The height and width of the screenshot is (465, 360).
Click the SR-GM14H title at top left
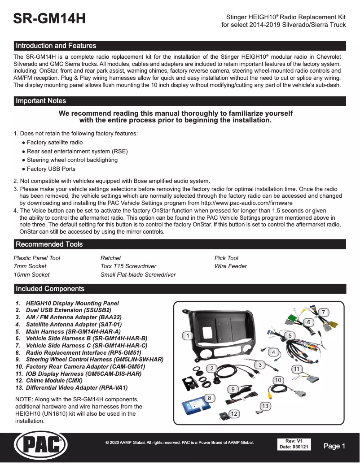click(49, 19)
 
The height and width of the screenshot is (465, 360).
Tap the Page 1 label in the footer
click(334, 446)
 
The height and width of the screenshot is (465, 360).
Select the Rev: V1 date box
click(294, 444)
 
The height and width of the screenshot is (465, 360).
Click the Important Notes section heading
click(41, 101)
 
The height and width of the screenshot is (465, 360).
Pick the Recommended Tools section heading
click(49, 244)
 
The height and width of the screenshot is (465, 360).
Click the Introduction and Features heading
click(56, 46)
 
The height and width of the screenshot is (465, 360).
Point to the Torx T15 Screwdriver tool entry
click(128, 266)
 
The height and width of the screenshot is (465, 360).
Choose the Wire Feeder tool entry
click(231, 266)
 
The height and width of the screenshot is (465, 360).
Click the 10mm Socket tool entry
click(32, 274)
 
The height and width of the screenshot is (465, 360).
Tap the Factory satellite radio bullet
click(55, 143)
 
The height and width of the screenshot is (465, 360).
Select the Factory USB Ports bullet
click(51, 169)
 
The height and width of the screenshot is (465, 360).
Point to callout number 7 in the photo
click(323, 312)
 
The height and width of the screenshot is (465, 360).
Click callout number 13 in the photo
click(265, 406)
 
